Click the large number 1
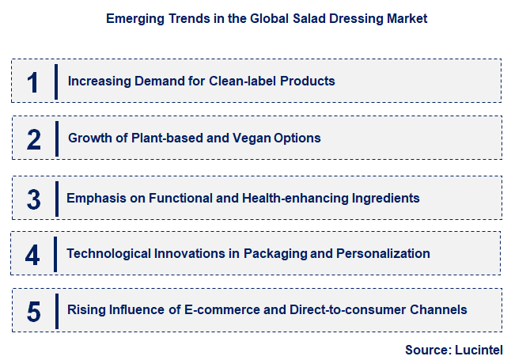pyautogui.click(x=32, y=82)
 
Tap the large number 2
pyautogui.click(x=33, y=139)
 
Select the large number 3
pyautogui.click(x=33, y=198)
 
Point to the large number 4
pyautogui.click(x=32, y=255)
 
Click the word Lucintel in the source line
pyautogui.click(x=478, y=349)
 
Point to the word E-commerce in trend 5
pyautogui.click(x=229, y=309)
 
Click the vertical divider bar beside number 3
pyautogui.click(x=57, y=198)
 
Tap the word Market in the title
pyautogui.click(x=407, y=19)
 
